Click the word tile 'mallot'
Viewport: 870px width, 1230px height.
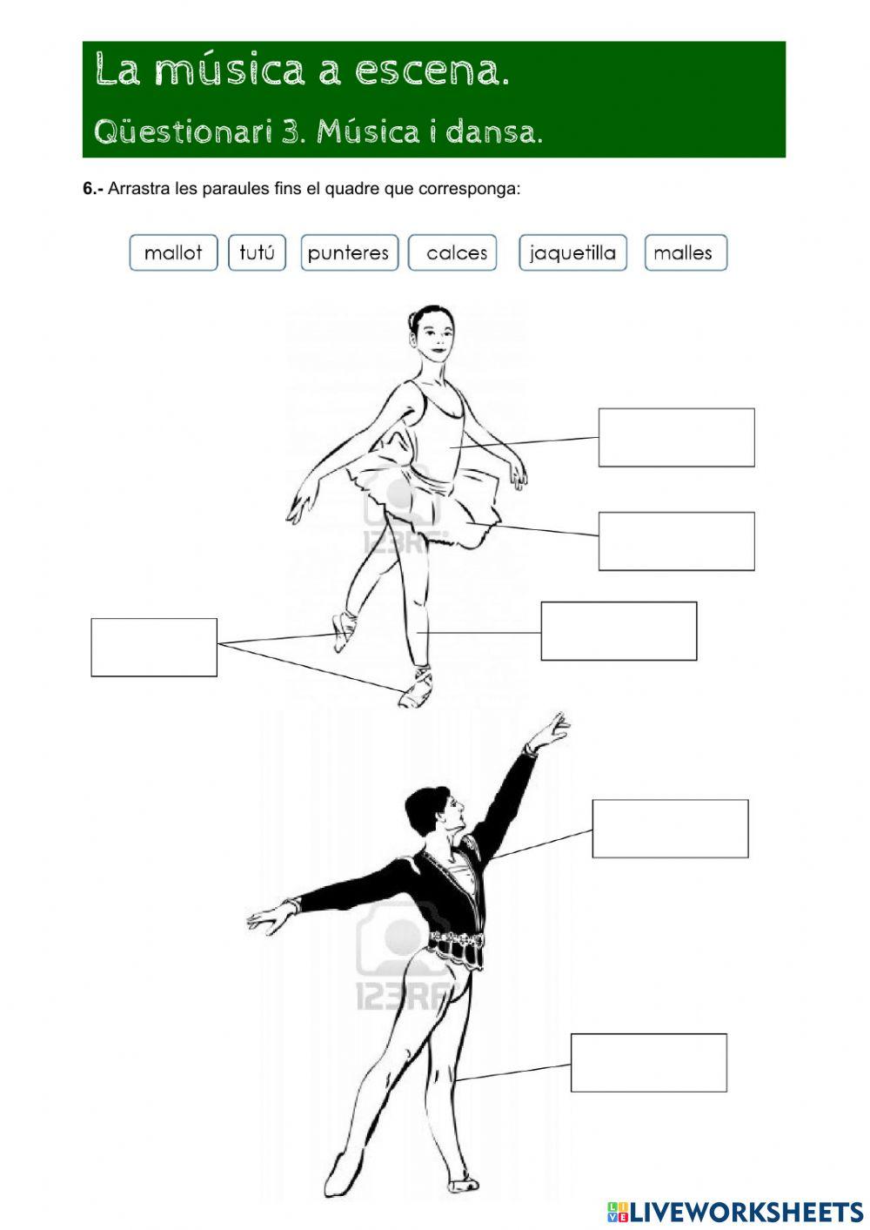(173, 252)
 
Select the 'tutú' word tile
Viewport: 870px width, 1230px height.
(257, 252)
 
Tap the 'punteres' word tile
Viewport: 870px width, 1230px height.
(349, 252)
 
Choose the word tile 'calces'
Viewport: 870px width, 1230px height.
(452, 252)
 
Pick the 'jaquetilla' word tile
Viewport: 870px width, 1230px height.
(572, 252)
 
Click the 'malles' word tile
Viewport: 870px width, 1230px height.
(686, 252)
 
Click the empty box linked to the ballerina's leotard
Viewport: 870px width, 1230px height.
(676, 438)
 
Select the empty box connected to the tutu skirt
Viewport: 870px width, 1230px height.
(676, 541)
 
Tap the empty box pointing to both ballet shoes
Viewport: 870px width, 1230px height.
(154, 648)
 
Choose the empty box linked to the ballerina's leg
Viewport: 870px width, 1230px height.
(619, 631)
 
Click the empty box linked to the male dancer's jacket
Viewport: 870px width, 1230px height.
(670, 829)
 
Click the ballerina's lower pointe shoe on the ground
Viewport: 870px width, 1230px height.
(416, 688)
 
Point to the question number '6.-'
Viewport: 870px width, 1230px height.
(93, 189)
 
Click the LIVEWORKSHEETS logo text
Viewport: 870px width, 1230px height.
(734, 1213)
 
